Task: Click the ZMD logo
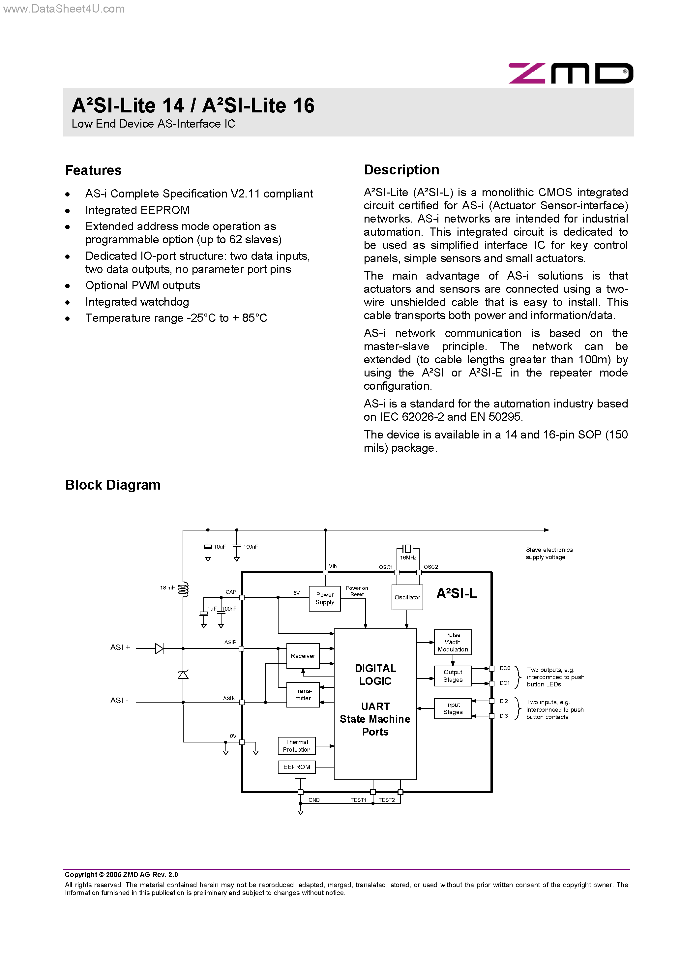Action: pos(570,74)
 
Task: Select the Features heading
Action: pos(93,170)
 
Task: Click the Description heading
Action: pos(401,170)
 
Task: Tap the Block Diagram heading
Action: pos(112,485)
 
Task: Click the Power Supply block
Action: pos(325,598)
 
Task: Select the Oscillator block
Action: pos(407,597)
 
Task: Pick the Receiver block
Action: pos(303,656)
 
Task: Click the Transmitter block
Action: pos(303,694)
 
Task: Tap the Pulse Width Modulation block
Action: pos(453,642)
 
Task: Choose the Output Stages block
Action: pos(453,676)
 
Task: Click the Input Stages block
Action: pos(453,708)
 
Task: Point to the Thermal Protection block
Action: pos(296,746)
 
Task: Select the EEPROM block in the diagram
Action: pos(296,767)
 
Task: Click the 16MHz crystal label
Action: pos(408,557)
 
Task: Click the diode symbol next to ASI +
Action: pos(159,649)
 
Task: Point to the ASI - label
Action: pos(119,700)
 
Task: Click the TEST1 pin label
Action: pos(358,800)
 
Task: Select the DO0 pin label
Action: pos(505,668)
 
